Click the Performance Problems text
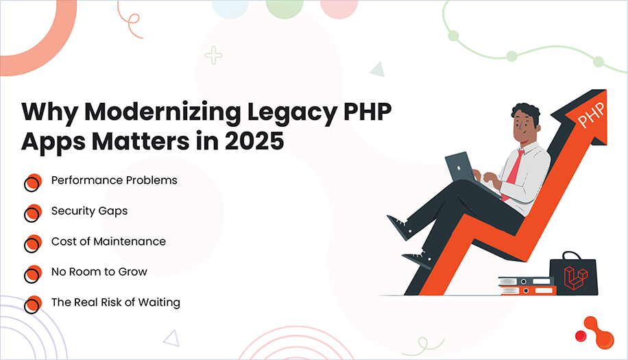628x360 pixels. click(114, 180)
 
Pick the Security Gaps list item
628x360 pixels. click(89, 211)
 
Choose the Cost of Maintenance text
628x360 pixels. click(108, 241)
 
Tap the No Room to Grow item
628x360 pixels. click(99, 272)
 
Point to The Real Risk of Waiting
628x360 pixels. click(115, 302)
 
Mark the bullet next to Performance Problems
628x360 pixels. click(32, 182)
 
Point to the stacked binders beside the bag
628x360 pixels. click(525, 285)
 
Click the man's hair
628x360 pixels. click(525, 113)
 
